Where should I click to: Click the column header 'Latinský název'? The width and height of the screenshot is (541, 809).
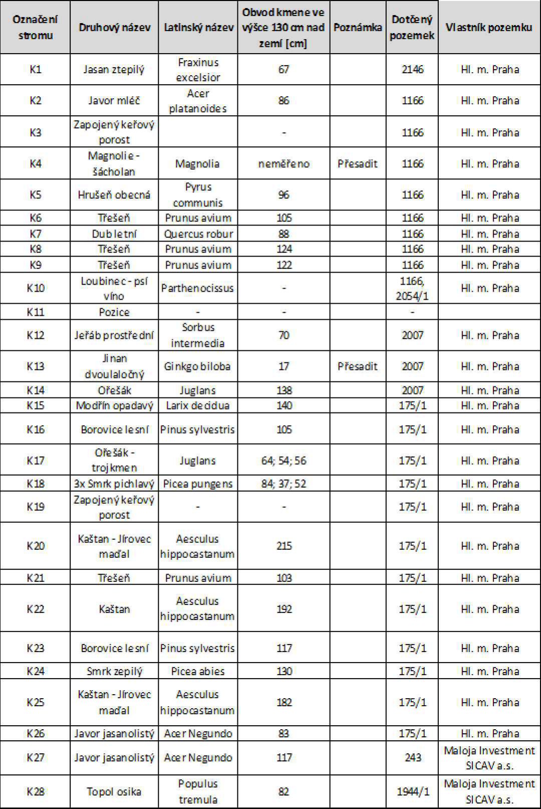(x=198, y=28)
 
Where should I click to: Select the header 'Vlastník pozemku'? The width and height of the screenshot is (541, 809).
(x=489, y=28)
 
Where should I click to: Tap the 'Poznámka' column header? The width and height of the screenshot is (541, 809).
(x=358, y=28)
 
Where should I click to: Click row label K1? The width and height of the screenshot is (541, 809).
(x=35, y=69)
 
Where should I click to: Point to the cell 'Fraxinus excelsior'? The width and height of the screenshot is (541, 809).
(x=198, y=70)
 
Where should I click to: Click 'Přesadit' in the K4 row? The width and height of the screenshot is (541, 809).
(x=358, y=163)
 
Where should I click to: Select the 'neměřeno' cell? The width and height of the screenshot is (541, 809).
(x=284, y=163)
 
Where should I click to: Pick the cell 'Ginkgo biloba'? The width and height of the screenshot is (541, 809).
(x=197, y=366)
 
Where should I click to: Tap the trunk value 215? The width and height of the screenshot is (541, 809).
(x=284, y=546)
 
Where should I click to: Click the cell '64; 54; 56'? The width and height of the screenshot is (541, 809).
(x=284, y=461)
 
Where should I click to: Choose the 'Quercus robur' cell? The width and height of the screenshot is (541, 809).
(x=198, y=234)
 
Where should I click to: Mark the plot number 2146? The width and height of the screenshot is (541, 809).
(x=412, y=69)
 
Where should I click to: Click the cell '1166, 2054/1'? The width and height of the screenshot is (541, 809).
(x=412, y=288)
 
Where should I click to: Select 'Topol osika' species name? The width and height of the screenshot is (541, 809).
(x=114, y=791)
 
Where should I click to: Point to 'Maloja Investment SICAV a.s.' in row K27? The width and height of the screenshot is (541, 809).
(x=489, y=758)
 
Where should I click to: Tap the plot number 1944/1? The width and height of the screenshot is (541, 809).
(x=413, y=791)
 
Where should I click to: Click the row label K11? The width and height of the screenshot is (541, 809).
(x=35, y=312)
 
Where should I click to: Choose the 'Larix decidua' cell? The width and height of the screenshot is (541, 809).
(x=198, y=406)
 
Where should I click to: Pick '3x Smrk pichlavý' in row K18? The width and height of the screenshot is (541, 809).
(x=114, y=484)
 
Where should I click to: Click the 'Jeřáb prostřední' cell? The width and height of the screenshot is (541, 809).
(x=114, y=335)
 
